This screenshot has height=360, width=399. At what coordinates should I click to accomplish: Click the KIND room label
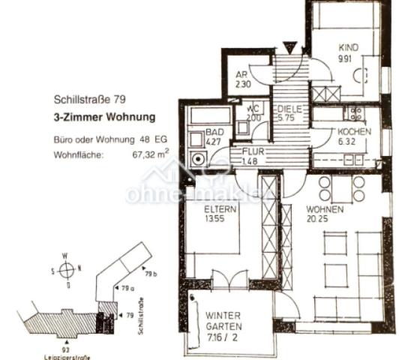pos(348,47)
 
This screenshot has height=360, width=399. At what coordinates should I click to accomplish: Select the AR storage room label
pos(241,75)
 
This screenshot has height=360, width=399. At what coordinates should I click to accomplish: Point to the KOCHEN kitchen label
pos(355,132)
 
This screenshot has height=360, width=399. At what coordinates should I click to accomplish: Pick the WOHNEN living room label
pos(325,209)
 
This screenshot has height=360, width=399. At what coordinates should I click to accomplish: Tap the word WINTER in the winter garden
pos(223,316)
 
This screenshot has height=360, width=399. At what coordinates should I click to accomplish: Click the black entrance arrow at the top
pos(289,47)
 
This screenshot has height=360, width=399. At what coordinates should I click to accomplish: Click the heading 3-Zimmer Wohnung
pos(104,117)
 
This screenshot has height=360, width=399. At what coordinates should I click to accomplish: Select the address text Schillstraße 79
pos(86,99)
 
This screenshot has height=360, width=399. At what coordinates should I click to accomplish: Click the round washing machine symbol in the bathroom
pos(199,159)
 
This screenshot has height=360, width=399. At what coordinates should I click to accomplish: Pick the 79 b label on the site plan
pos(150,274)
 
